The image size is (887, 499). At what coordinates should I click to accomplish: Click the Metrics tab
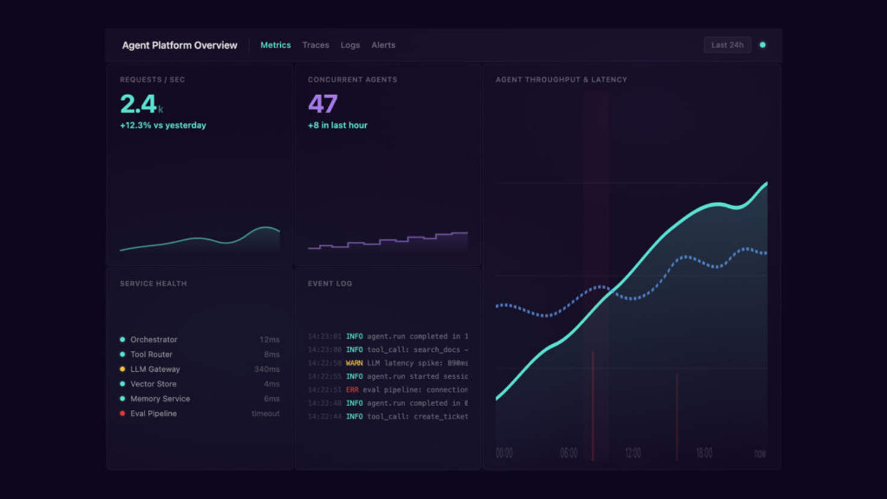pos(275,45)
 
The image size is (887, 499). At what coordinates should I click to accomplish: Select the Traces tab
pos(316,45)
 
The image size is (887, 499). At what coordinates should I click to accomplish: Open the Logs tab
pos(350,45)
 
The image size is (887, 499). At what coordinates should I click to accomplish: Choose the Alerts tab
pos(383,45)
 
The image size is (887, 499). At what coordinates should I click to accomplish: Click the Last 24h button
pos(727,45)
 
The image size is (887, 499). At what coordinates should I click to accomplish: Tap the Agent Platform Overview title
pos(180,45)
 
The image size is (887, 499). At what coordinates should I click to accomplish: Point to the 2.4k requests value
pos(141,104)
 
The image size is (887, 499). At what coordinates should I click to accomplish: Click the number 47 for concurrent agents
pos(322,104)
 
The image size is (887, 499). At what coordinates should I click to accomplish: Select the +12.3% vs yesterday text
pos(163,125)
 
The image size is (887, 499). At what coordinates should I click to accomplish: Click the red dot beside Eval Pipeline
pos(122,413)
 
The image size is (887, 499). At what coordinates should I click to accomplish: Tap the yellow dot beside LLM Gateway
pos(122,369)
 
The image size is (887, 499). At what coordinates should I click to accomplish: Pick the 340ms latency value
pos(266,369)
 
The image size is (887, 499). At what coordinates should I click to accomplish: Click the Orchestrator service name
pos(154,340)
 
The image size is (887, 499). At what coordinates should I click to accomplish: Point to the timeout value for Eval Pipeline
pos(265,413)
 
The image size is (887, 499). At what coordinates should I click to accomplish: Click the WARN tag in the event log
pos(354,363)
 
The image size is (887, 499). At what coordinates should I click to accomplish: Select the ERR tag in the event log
pos(352,390)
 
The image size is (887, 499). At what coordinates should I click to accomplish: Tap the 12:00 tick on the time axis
pos(633,453)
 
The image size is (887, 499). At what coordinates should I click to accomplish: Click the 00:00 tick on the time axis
pos(504,453)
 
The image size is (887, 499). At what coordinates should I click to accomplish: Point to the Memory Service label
pos(160,399)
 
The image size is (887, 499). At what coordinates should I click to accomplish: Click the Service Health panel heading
pos(153,284)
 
